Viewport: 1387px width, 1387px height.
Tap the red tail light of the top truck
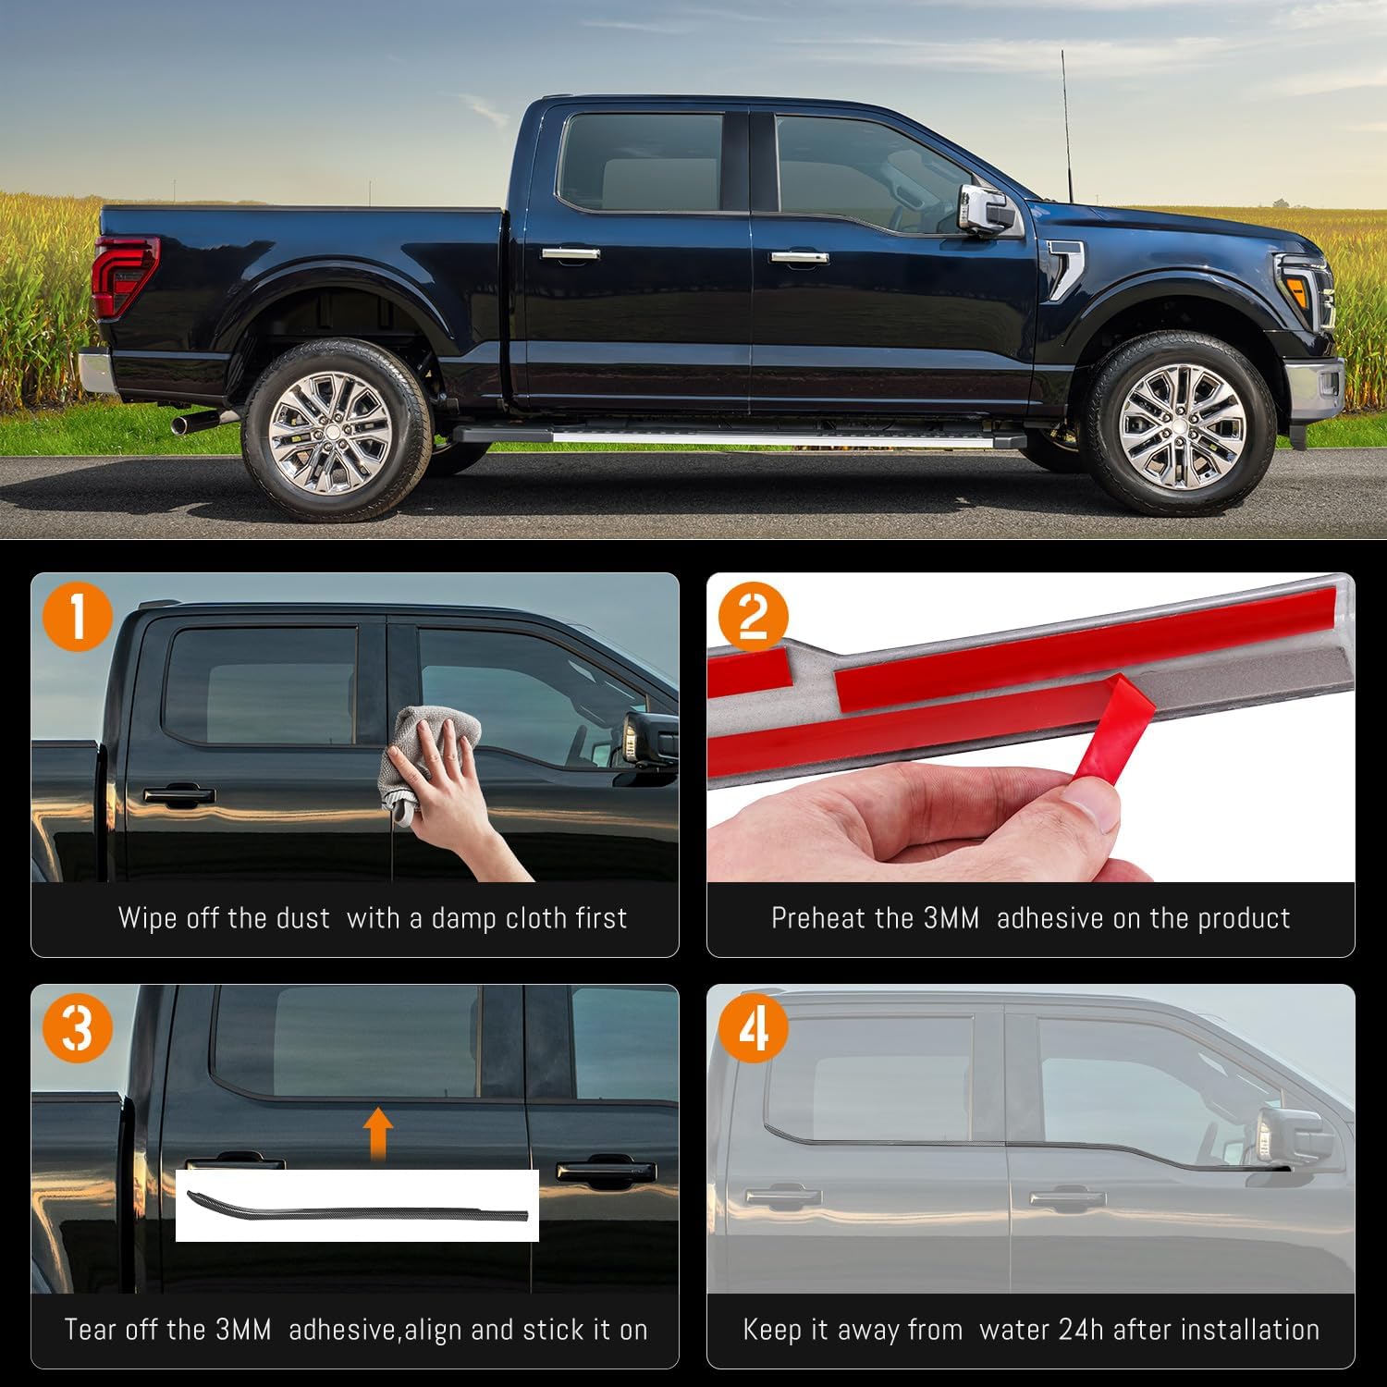[x=124, y=276]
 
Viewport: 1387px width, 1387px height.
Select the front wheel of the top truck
[x=1181, y=426]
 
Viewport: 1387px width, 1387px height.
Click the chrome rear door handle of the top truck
[x=571, y=253]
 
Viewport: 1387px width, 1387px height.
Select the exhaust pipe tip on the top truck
[x=190, y=423]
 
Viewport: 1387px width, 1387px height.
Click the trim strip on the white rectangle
[x=357, y=1208]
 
